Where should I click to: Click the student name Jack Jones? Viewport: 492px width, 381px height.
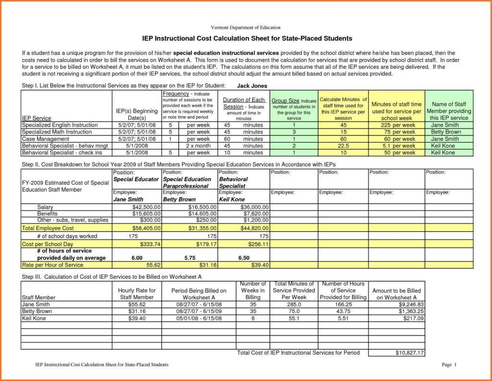(253, 86)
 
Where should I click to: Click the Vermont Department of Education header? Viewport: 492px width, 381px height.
(246, 27)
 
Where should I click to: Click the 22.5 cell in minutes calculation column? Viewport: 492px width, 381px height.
(344, 146)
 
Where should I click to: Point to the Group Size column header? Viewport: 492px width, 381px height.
(294, 109)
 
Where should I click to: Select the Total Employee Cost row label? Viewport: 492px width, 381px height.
(48, 228)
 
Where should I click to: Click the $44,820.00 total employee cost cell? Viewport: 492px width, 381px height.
(255, 228)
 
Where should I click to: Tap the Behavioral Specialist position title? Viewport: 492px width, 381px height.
(234, 182)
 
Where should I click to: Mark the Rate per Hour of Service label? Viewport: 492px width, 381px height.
(53, 265)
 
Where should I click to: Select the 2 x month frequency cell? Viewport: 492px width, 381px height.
(198, 146)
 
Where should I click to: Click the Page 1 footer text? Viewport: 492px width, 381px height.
(448, 365)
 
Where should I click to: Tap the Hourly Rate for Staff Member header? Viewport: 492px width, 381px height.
(136, 294)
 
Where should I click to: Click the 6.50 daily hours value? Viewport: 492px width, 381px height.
(244, 258)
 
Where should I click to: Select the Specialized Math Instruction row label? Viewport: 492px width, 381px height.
(57, 132)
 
